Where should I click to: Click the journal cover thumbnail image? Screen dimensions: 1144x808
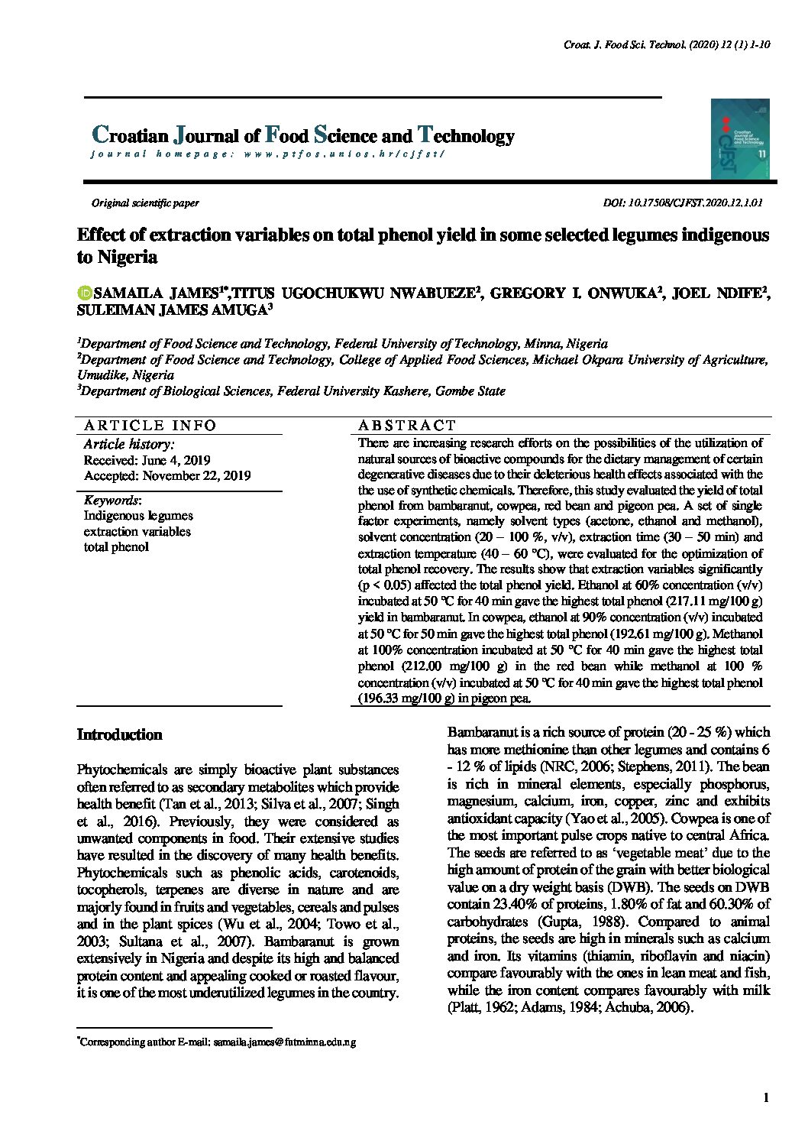(x=739, y=139)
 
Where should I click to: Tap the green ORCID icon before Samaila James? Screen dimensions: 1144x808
(x=84, y=293)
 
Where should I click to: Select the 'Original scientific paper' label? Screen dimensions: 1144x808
(x=145, y=203)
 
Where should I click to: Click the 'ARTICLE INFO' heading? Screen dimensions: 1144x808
(x=150, y=426)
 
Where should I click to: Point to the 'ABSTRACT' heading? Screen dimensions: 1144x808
(x=406, y=426)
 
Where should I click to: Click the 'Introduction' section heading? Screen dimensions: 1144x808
(x=120, y=735)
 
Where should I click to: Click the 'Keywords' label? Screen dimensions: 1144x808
(x=112, y=500)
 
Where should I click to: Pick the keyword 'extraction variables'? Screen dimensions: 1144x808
(x=137, y=531)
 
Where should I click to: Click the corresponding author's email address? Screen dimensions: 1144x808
(x=284, y=1042)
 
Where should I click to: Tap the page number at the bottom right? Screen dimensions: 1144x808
(x=765, y=1098)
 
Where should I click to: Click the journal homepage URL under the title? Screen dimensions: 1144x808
(x=267, y=154)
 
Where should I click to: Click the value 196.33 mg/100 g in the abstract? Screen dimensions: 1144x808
(x=407, y=698)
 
